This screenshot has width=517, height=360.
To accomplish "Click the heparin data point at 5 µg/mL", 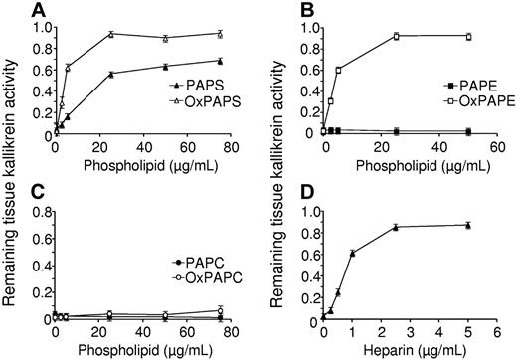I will tap(469, 225).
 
